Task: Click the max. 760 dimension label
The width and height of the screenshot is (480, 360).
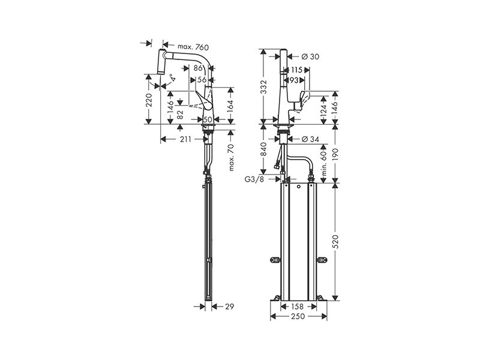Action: tap(193, 47)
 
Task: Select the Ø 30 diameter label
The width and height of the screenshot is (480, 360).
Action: tap(310, 56)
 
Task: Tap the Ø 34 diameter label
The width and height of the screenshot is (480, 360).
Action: tap(310, 139)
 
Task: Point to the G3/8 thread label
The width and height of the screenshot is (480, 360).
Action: tap(254, 179)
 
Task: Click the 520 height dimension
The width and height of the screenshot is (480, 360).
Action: tap(336, 242)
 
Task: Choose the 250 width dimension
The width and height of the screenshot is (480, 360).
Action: tap(298, 316)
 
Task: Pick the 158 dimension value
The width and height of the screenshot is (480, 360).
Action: tap(296, 306)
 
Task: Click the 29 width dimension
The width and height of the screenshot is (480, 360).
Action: tap(229, 306)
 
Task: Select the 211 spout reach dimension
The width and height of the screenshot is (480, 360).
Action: tap(185, 139)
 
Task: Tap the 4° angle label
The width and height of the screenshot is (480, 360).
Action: tap(173, 77)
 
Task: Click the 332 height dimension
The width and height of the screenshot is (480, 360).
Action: tap(264, 87)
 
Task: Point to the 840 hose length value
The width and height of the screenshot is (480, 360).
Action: tap(264, 149)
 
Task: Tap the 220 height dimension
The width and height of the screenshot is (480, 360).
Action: tap(149, 100)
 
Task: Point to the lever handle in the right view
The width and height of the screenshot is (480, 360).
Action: tap(302, 100)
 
